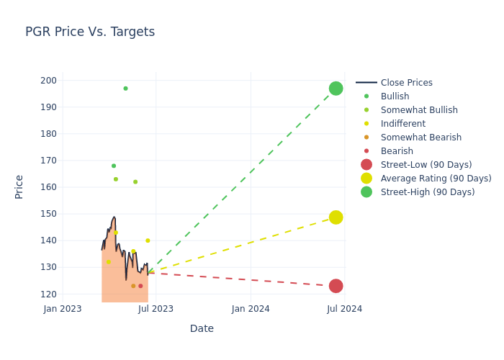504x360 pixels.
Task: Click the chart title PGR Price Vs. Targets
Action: [90, 32]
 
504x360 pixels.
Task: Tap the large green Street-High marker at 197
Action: [336, 89]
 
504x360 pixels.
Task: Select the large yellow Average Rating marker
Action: [336, 217]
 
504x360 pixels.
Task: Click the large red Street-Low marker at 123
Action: [336, 286]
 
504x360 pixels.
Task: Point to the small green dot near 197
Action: [125, 89]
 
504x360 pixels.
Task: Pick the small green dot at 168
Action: [114, 166]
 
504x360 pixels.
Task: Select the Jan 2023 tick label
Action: [63, 309]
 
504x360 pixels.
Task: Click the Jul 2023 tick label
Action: [156, 309]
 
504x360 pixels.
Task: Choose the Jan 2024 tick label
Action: [251, 309]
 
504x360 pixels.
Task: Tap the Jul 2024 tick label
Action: [344, 309]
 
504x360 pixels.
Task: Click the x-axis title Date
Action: [202, 328]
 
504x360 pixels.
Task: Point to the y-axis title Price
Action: [19, 186]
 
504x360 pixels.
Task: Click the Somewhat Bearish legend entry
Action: [420, 138]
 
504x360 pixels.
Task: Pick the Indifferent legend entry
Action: [402, 124]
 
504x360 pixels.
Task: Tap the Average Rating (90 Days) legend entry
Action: [436, 179]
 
